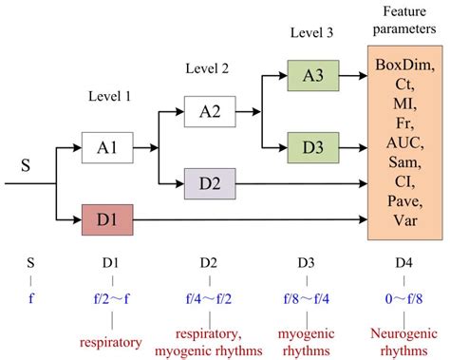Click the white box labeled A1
[x=107, y=147]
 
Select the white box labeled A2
[x=210, y=111]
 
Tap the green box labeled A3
[x=309, y=74]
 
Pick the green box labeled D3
[x=309, y=148]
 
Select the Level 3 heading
[x=310, y=34]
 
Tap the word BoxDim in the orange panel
[x=405, y=65]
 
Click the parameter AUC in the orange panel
[x=405, y=142]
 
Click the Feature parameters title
[x=405, y=19]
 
